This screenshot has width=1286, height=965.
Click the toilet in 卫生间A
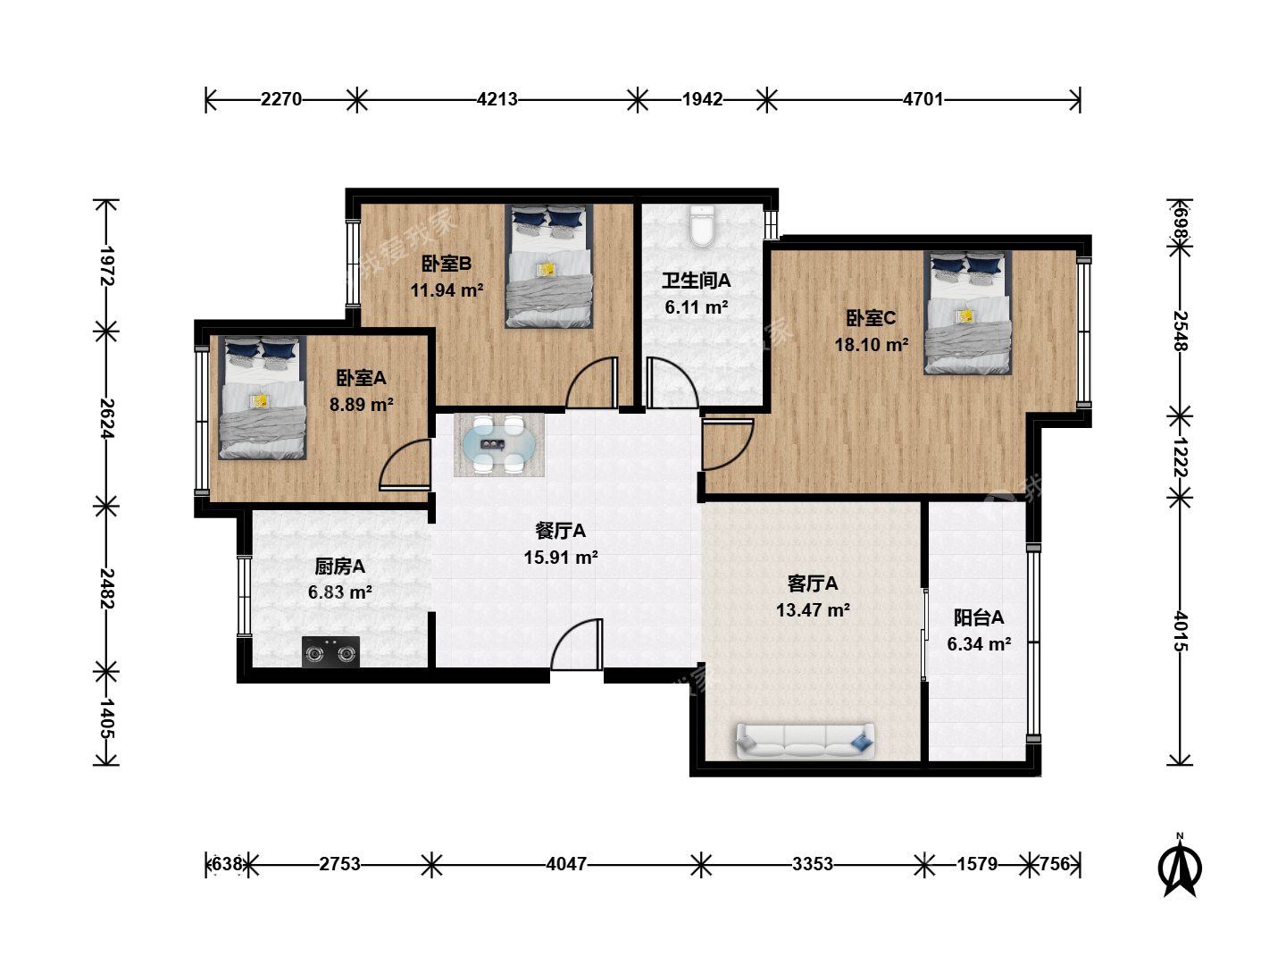(701, 226)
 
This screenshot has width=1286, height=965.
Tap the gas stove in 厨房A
(330, 651)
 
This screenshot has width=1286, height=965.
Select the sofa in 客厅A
(805, 742)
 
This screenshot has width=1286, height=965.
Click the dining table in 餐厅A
(499, 445)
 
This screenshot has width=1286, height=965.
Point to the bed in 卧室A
(263, 398)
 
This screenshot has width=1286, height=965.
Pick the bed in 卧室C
(968, 313)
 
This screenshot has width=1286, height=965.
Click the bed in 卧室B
(549, 266)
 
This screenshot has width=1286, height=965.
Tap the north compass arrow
(1180, 866)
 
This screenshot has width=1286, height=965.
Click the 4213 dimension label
(497, 99)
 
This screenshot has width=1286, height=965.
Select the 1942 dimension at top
(702, 99)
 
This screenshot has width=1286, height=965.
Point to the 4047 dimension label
(566, 864)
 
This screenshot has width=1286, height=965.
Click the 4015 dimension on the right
(1181, 632)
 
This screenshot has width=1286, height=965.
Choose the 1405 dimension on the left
(106, 718)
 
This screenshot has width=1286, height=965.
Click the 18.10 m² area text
(872, 345)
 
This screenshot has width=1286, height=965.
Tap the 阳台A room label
(979, 617)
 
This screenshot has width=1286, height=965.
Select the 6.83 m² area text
(340, 592)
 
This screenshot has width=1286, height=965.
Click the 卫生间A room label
(696, 281)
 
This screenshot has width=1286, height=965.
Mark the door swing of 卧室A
(405, 464)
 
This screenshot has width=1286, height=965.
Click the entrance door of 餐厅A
(577, 644)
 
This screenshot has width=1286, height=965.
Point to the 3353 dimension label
(813, 864)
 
